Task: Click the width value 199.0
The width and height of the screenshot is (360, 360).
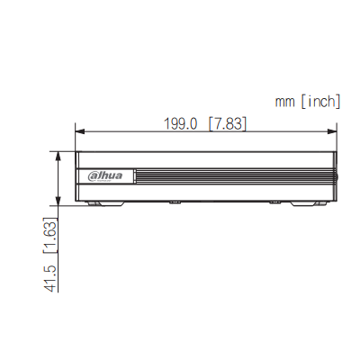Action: pyautogui.click(x=179, y=123)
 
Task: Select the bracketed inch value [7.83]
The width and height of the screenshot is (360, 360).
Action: pyautogui.click(x=227, y=123)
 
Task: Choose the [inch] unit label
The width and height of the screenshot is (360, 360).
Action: pyautogui.click(x=320, y=103)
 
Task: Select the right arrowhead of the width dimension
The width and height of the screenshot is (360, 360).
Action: pyautogui.click(x=335, y=134)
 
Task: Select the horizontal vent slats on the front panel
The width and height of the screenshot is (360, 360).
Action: pyautogui.click(x=234, y=174)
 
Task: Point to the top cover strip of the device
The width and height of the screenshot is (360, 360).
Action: pyautogui.click(x=207, y=156)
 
